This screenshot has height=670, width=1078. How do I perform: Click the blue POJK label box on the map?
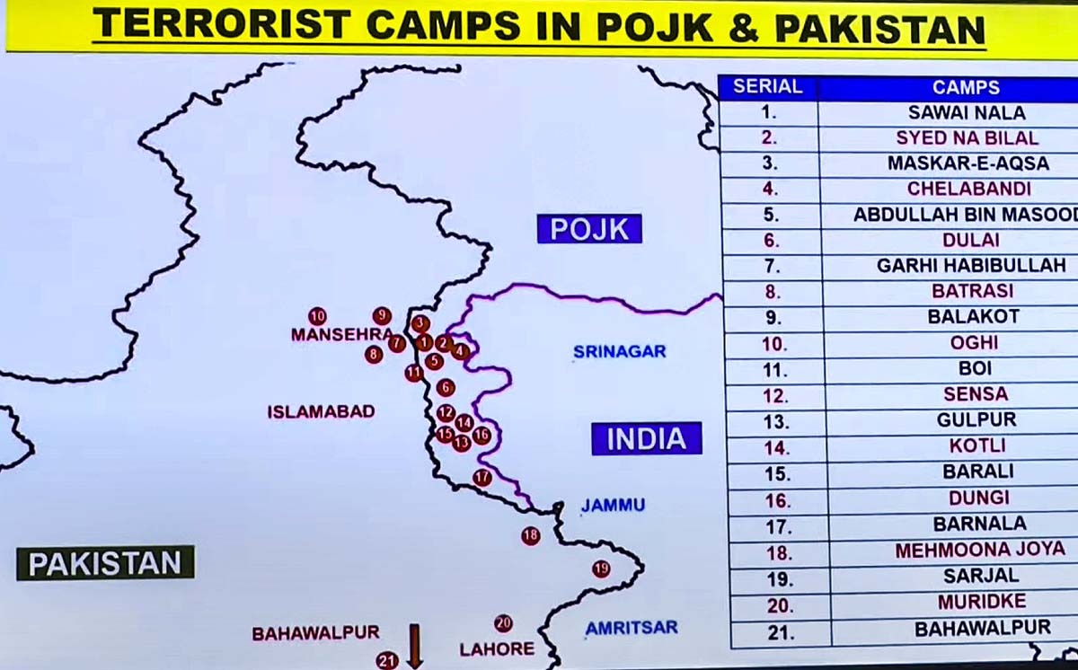pos(589,229)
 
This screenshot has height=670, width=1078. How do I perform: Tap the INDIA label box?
pos(646,438)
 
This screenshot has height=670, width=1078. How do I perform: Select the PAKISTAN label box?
pos(105,563)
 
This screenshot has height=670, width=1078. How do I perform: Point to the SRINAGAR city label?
pos(620,352)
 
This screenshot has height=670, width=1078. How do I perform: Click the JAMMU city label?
pos(613,506)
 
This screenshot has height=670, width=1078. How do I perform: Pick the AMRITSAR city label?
pos(632,628)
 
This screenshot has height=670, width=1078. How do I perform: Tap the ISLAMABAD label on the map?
pos(321,411)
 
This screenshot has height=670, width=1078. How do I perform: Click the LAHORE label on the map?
pos(497,648)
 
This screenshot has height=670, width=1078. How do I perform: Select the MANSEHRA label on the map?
pos(341,334)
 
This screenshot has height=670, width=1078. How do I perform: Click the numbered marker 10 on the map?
pos(317,316)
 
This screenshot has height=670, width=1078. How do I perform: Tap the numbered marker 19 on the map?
pos(601,569)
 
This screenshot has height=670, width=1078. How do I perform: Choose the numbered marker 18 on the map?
pos(531,535)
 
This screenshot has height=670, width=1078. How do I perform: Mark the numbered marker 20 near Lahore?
pos(503,623)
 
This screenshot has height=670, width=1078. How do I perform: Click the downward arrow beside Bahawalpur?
pos(415,645)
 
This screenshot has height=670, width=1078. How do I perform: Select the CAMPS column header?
pos(966,87)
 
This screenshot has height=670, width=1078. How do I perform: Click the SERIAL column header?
pos(767,87)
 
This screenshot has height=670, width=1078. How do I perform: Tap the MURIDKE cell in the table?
pos(981,602)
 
